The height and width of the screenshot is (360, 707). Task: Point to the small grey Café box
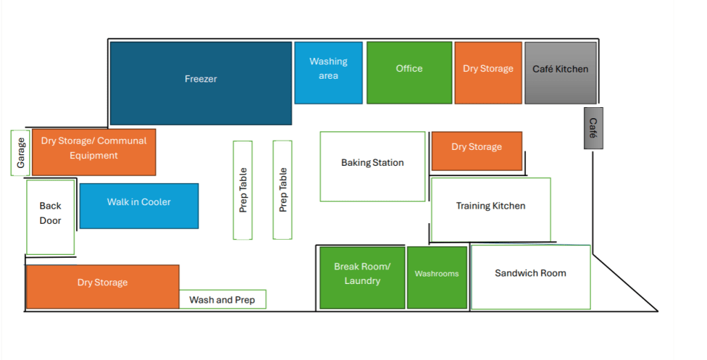593,128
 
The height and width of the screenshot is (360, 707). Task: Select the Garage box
21,152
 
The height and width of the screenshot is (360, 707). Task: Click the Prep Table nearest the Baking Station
283,190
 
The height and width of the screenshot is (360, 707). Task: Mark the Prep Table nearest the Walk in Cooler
243,190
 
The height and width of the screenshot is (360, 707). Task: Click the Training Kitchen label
491,206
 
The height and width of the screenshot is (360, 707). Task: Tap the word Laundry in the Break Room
362,281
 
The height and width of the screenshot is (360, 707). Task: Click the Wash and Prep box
223,300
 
